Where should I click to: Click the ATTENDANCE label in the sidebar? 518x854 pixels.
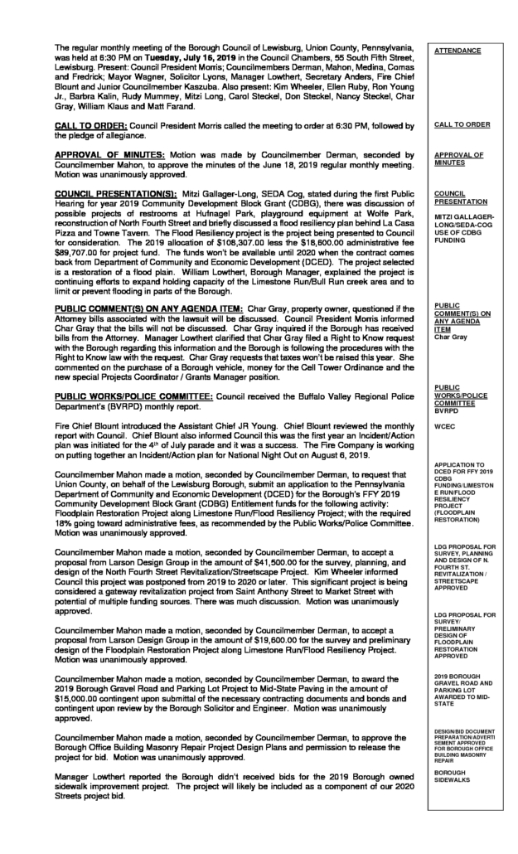pos(457,51)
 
